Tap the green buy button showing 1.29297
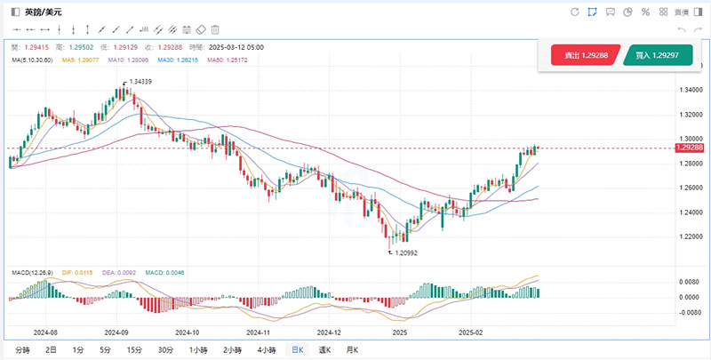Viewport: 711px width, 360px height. click(659, 55)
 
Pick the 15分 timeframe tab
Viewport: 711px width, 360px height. click(134, 350)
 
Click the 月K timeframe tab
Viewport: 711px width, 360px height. click(353, 350)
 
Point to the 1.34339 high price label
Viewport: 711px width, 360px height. click(140, 82)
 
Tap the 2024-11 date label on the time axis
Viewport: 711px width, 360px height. click(259, 331)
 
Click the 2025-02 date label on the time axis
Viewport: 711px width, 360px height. click(469, 331)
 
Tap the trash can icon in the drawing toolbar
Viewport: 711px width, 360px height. click(215, 29)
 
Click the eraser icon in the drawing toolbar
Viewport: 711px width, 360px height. click(200, 29)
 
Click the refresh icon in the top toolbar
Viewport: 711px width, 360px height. click(574, 12)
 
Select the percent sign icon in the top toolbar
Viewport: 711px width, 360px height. click(645, 12)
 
